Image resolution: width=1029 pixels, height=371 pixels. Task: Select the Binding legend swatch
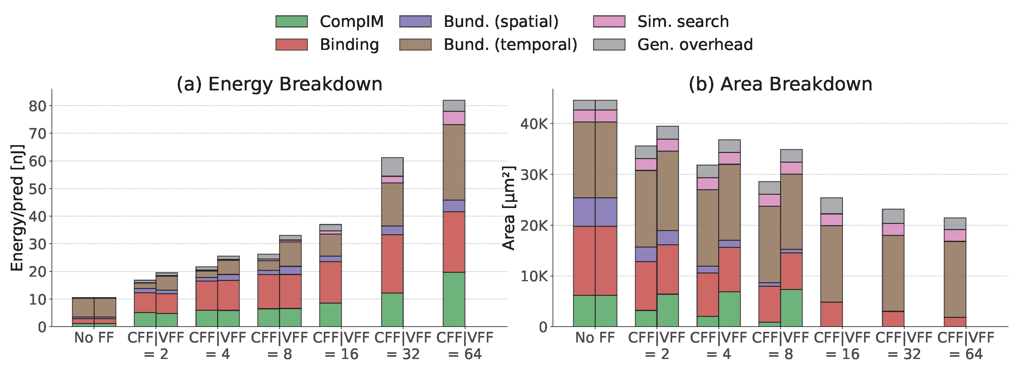coord(292,44)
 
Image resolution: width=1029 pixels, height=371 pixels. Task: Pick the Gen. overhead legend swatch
coord(609,44)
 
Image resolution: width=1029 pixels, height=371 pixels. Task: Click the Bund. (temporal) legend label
coord(510,45)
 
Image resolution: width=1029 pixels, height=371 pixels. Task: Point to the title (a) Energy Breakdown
coord(280,84)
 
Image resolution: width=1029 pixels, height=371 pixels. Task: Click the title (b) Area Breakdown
coord(780,84)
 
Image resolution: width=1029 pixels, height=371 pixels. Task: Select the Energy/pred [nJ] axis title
coord(17,208)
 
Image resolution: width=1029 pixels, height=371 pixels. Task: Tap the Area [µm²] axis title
coord(509,208)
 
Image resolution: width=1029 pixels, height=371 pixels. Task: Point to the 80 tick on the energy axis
coord(38,106)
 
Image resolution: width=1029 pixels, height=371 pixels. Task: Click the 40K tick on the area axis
coord(534,124)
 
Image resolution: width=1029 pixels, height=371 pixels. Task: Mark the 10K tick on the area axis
coord(534,276)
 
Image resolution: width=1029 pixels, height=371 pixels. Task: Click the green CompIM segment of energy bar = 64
coord(454,299)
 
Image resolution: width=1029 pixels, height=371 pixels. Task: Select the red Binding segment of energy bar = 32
coord(392,264)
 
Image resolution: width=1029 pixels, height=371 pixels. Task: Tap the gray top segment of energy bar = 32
coord(392,167)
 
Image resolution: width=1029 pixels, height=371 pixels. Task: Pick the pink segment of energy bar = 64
coord(454,118)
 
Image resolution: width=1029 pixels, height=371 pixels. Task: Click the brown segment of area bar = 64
coord(955,280)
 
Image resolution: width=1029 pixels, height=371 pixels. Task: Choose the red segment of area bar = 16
coord(832,314)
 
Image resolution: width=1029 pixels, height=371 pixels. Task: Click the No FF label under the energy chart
coord(94,338)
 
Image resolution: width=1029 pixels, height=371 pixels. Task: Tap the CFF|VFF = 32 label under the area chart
coord(904,346)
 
